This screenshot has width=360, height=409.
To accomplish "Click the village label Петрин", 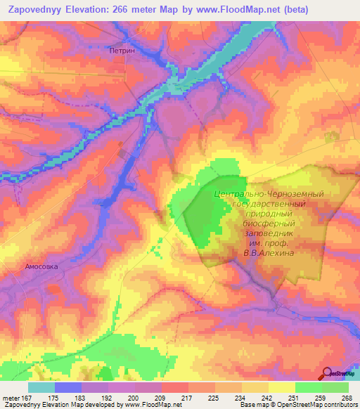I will (122, 51).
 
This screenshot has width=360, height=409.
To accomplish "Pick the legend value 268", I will (345, 397).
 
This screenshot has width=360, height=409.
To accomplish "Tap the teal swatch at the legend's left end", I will (41, 387).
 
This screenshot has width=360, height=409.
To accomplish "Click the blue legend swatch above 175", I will (67, 387).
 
